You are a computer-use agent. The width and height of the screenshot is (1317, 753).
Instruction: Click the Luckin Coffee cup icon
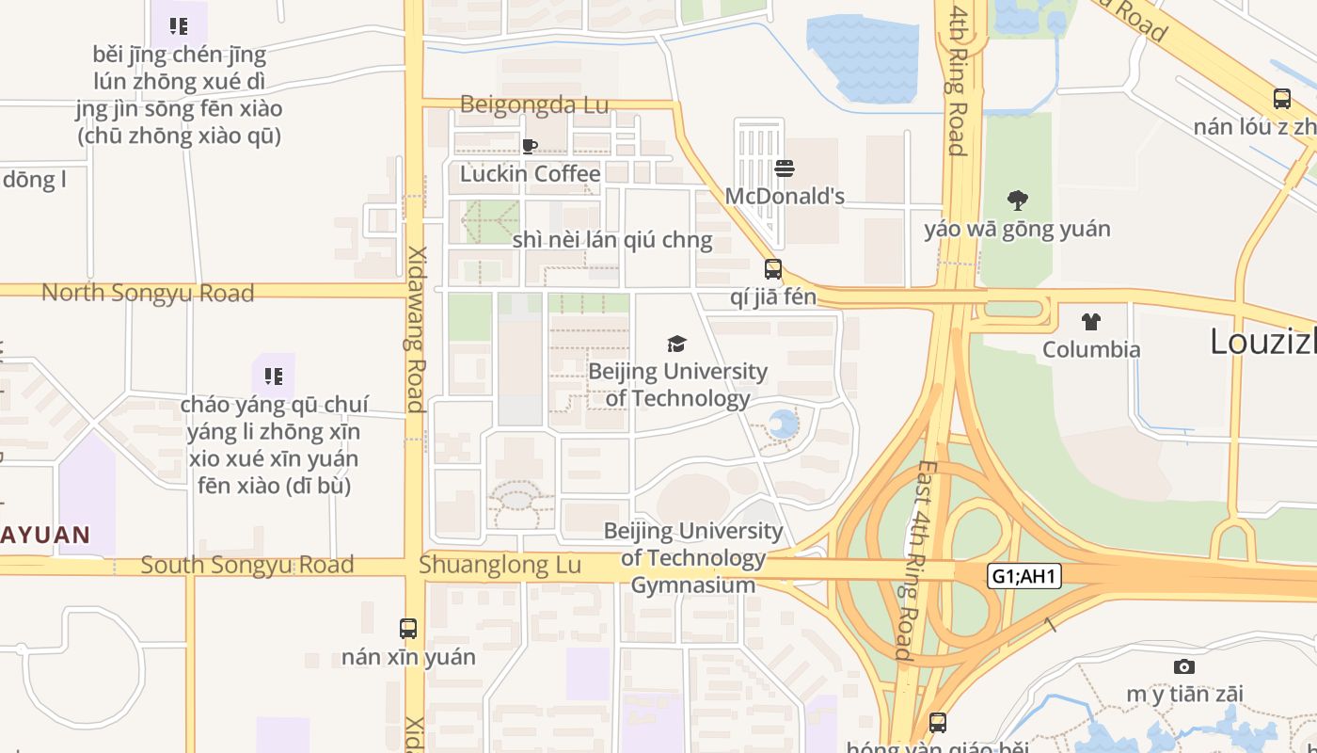(x=530, y=146)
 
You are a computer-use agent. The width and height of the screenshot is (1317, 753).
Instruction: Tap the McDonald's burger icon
(x=785, y=168)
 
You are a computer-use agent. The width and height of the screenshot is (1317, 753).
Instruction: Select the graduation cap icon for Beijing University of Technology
(x=676, y=344)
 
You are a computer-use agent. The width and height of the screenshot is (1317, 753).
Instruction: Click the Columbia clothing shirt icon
(x=1091, y=322)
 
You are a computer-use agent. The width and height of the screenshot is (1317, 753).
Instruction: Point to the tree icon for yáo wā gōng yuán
(x=1017, y=200)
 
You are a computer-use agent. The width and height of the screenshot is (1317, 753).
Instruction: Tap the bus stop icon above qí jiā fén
(x=773, y=269)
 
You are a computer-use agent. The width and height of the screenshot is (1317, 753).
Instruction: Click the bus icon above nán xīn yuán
(x=408, y=629)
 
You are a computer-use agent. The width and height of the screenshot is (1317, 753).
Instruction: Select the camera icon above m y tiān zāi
(x=1184, y=666)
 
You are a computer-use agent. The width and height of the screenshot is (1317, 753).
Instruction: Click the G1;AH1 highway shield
(x=1024, y=576)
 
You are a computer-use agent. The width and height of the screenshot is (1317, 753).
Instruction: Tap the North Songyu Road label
(x=148, y=293)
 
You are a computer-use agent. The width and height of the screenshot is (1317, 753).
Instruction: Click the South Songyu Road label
(x=246, y=565)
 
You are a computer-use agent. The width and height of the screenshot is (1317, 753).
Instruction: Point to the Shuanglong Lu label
(x=500, y=565)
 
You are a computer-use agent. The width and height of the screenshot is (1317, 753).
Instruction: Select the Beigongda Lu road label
(x=534, y=104)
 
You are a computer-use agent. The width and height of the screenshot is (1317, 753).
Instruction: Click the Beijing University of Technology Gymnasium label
(x=693, y=558)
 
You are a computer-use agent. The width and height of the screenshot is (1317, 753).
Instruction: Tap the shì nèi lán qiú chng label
(x=612, y=240)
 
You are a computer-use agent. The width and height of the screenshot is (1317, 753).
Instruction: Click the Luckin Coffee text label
(x=530, y=174)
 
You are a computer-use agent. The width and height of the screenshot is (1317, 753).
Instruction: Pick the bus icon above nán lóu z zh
(x=1281, y=99)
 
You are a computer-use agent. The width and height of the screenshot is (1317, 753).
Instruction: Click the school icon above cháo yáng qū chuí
(x=274, y=377)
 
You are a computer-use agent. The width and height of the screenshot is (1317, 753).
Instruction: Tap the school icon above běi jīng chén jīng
(x=180, y=26)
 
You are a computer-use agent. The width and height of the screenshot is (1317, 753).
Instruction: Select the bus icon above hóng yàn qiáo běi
(x=938, y=723)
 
